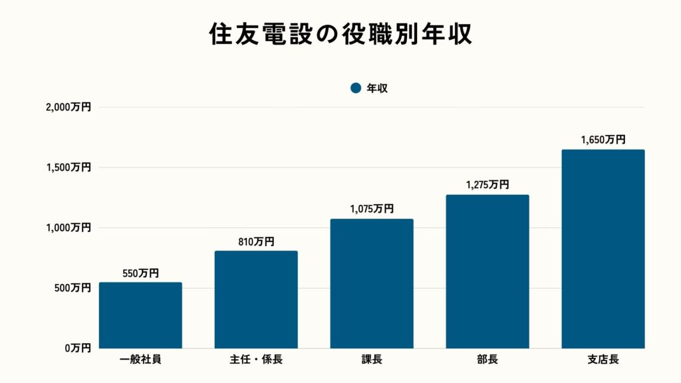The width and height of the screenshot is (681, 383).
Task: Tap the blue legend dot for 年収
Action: pyautogui.click(x=355, y=88)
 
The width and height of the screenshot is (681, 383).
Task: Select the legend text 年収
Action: pyautogui.click(x=377, y=88)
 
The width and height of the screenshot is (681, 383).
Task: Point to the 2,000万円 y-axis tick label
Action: pyautogui.click(x=69, y=107)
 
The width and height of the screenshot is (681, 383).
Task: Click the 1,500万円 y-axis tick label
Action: pyautogui.click(x=69, y=168)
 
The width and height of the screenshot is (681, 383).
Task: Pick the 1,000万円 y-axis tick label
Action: pyautogui.click(x=69, y=227)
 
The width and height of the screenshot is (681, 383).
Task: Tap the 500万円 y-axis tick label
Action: pyautogui.click(x=73, y=288)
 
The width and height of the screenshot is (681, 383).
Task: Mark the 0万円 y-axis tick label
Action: pyautogui.click(x=78, y=348)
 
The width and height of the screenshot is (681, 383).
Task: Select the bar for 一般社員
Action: pyautogui.click(x=140, y=315)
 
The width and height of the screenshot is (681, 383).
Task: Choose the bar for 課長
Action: pyautogui.click(x=372, y=284)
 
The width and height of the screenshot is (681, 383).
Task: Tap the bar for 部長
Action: pyautogui.click(x=487, y=271)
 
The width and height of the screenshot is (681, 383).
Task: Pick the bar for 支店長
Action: pyautogui.click(x=603, y=249)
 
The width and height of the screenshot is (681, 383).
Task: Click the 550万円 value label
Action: pyautogui.click(x=140, y=273)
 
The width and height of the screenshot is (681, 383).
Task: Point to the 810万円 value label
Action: pyautogui.click(x=256, y=242)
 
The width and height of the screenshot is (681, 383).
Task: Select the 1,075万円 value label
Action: pyautogui.click(x=372, y=209)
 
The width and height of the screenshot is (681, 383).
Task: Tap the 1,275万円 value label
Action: pyautogui.click(x=487, y=186)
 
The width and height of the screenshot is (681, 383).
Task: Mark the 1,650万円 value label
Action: pyautogui.click(x=603, y=140)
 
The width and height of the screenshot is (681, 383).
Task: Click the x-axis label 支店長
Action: pyautogui.click(x=603, y=360)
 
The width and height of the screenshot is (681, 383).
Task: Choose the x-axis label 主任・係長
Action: pyautogui.click(x=256, y=360)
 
